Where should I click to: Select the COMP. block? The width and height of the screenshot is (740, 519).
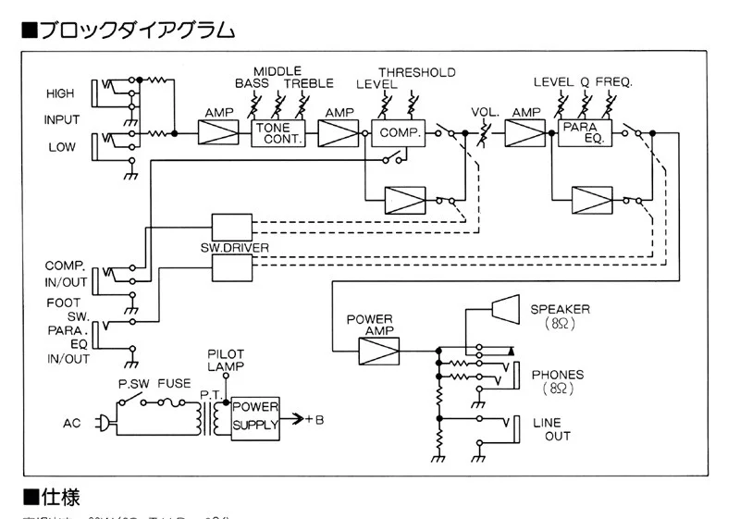pyautogui.click(x=398, y=133)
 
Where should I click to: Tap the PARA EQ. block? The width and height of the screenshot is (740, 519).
pyautogui.click(x=578, y=133)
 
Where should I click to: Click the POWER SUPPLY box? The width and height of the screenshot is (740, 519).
pyautogui.click(x=254, y=416)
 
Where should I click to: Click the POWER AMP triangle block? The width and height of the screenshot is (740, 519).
pyautogui.click(x=377, y=350)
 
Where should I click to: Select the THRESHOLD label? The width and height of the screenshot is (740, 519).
pyautogui.click(x=416, y=72)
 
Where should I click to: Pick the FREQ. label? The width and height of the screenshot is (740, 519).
pyautogui.click(x=614, y=82)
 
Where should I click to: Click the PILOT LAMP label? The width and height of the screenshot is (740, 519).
pyautogui.click(x=226, y=360)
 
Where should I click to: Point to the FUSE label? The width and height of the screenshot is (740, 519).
pyautogui.click(x=174, y=382)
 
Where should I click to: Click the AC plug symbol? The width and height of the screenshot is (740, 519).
pyautogui.click(x=105, y=424)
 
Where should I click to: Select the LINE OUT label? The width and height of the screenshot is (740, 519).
pyautogui.click(x=552, y=429)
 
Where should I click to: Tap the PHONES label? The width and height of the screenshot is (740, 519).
pyautogui.click(x=558, y=375)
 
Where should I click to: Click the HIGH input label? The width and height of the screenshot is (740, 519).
pyautogui.click(x=60, y=94)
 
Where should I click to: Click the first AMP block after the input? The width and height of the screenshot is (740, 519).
pyautogui.click(x=218, y=133)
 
